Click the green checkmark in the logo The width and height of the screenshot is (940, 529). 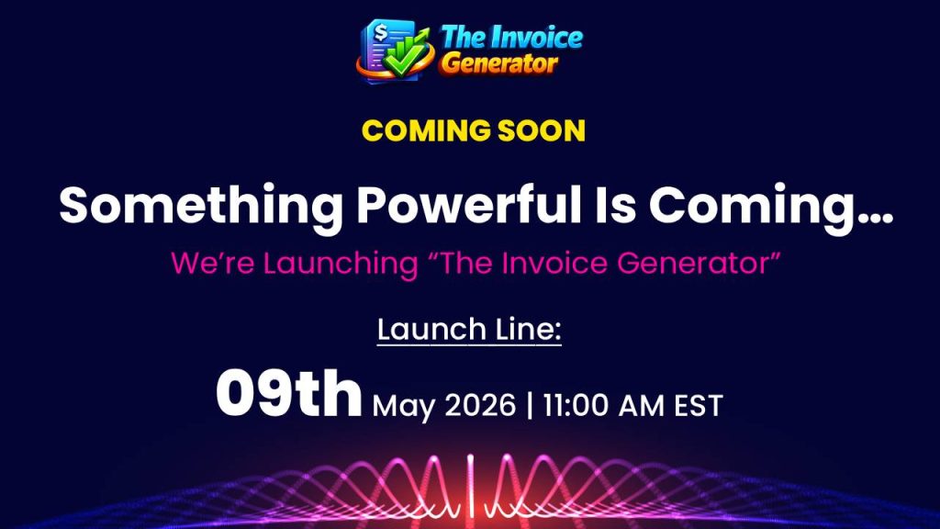click(403, 59)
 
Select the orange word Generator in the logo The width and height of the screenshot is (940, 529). click(500, 63)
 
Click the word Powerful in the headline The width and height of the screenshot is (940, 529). click(469, 204)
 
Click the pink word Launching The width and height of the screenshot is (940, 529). click(341, 264)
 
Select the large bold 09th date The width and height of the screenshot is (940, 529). click(289, 393)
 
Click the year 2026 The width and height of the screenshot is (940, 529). click(480, 405)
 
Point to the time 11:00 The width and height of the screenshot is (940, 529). click(575, 405)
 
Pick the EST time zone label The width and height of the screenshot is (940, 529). click(699, 405)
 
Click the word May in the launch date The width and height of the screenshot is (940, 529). click(404, 407)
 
